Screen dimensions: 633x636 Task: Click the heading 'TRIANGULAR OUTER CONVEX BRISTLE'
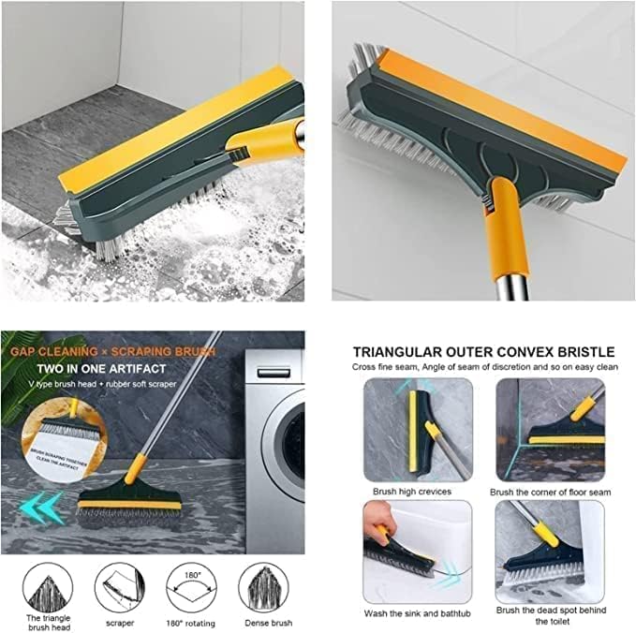point(484,351)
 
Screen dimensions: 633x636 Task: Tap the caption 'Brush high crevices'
point(412,491)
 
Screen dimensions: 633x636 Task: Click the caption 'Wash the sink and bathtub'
point(413,612)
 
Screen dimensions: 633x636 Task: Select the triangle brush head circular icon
point(46,587)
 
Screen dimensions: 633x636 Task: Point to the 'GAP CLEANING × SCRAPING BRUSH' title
point(113,352)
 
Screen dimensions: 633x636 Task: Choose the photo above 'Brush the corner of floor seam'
point(550,430)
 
